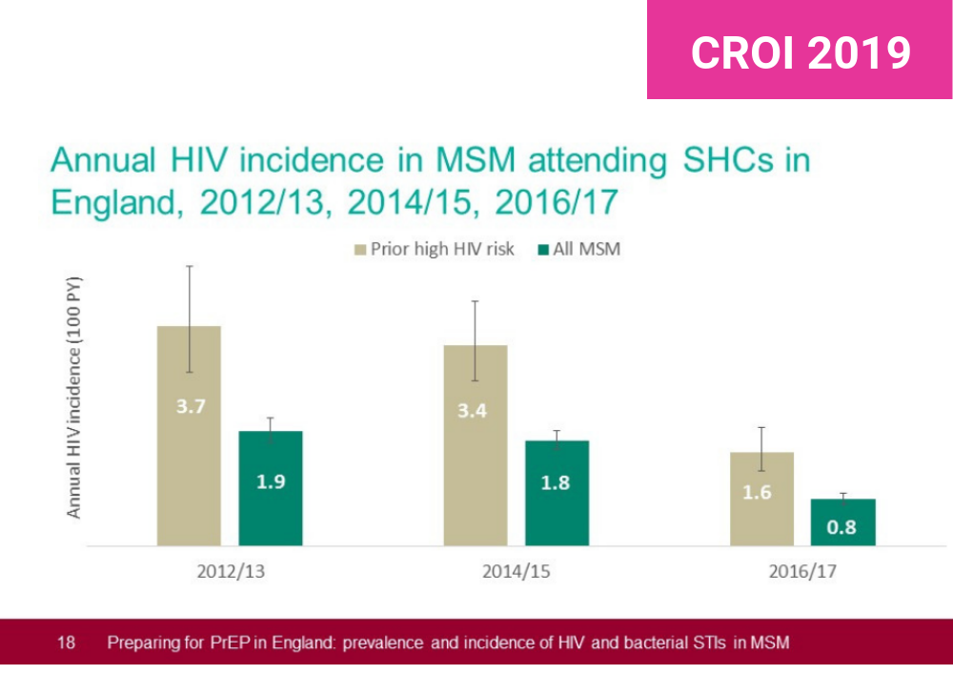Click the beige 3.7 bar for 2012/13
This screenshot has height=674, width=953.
point(189,436)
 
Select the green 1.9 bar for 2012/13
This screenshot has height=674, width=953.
point(271,488)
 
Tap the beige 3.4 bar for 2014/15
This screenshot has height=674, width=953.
point(476,445)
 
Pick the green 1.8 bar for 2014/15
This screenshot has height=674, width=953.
point(557,493)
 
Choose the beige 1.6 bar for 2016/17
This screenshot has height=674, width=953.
point(761,499)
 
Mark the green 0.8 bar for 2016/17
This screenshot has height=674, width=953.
point(843,522)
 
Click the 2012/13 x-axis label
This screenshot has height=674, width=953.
point(231,572)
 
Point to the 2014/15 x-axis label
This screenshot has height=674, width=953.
point(516,572)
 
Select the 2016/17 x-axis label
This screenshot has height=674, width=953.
point(802,572)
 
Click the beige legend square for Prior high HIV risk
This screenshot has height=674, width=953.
point(360,250)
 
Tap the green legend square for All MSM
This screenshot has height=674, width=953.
point(543,250)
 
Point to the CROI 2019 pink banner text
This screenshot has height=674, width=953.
point(801,52)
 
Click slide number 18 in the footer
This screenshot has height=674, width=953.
point(66,643)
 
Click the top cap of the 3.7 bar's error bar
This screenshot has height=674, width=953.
point(189,266)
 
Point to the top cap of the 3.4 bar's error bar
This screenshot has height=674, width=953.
point(476,301)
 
